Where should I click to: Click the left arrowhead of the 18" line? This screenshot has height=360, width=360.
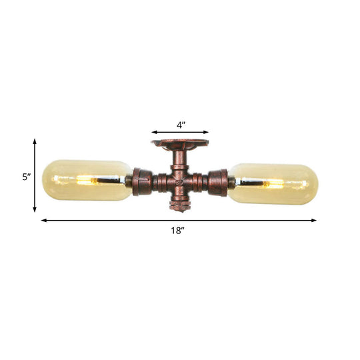point(44,220)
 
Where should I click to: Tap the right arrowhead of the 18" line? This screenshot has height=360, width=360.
point(315,220)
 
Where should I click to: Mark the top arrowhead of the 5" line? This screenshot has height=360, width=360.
point(35,142)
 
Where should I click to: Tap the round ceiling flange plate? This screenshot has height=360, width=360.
point(179,143)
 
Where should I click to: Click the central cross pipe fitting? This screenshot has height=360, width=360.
point(179,181)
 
